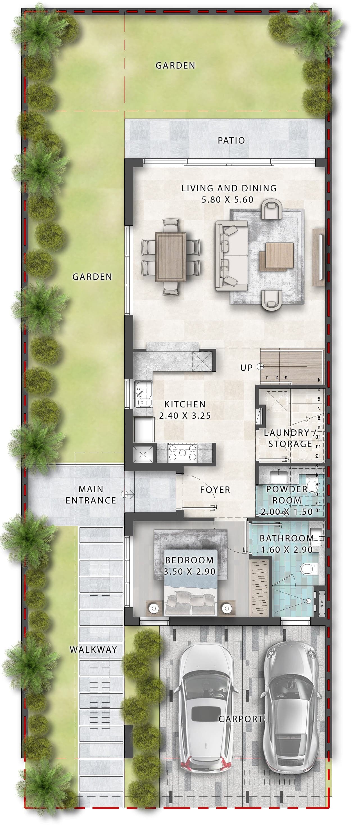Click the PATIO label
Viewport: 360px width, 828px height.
(x=231, y=140)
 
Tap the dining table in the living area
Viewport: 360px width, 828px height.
(x=171, y=257)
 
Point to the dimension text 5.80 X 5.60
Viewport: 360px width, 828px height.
(x=227, y=199)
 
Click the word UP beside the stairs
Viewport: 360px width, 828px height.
(x=246, y=368)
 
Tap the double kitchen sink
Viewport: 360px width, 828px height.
(x=143, y=394)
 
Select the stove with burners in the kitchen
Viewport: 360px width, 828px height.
(x=183, y=452)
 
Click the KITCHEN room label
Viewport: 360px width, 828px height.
(x=185, y=404)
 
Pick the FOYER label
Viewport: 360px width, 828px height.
(x=215, y=490)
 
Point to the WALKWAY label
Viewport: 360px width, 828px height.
(x=93, y=649)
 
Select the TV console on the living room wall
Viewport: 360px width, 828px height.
(x=319, y=257)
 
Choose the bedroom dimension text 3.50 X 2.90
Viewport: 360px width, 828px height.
(x=189, y=571)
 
